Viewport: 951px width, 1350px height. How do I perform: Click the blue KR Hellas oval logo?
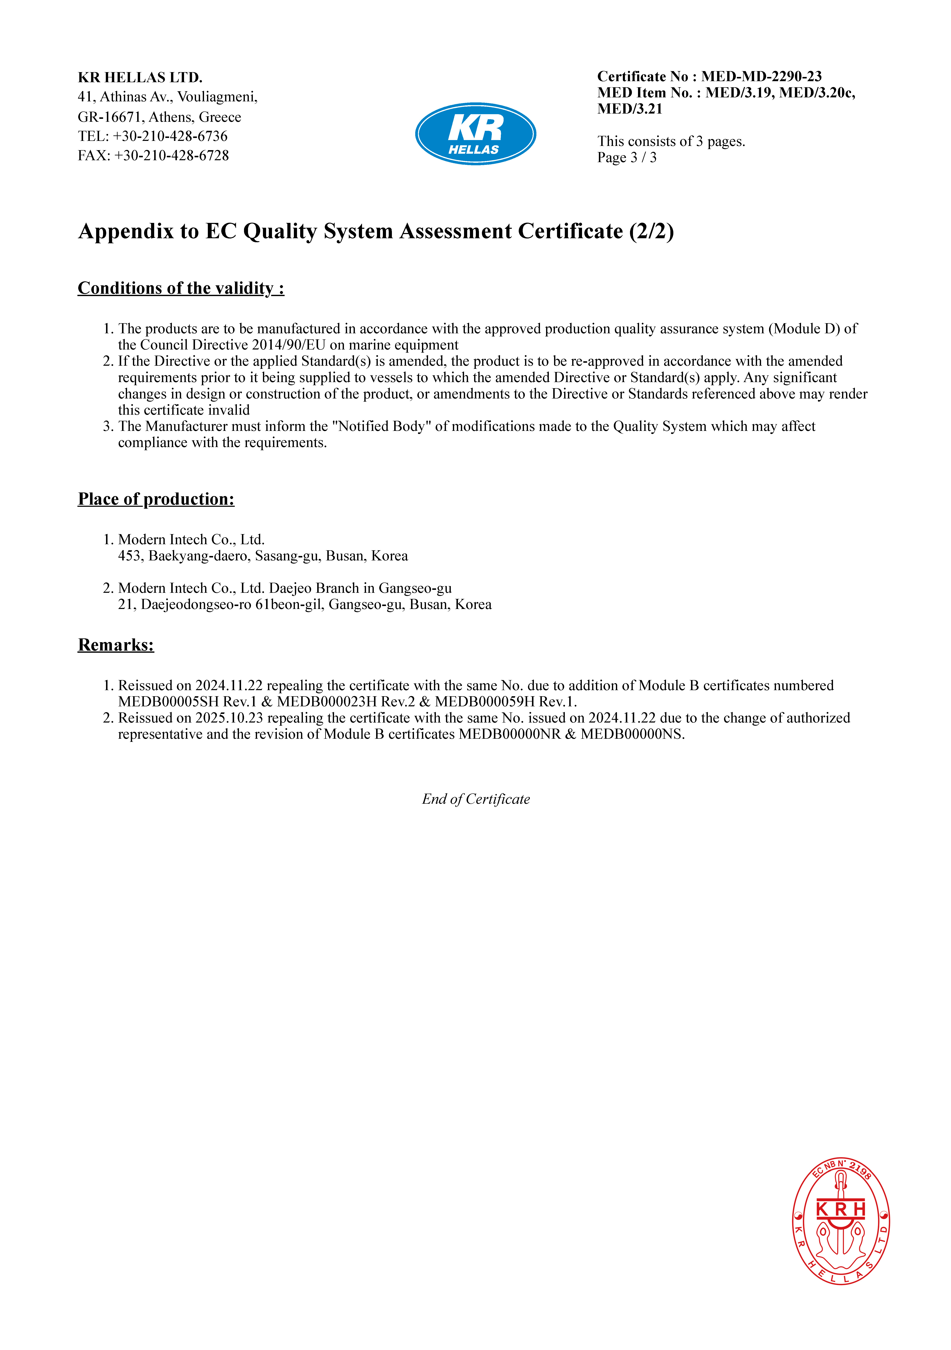pyautogui.click(x=475, y=134)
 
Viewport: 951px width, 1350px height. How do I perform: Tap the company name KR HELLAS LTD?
pyautogui.click(x=140, y=78)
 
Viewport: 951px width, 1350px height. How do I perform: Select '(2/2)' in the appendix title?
pyautogui.click(x=651, y=232)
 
